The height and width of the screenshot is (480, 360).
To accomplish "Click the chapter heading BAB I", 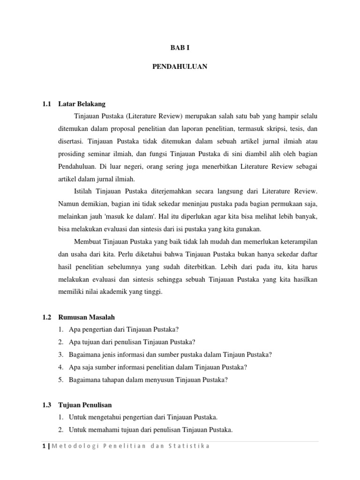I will pyautogui.click(x=180, y=48).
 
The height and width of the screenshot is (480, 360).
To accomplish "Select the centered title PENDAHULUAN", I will pyautogui.click(x=180, y=67).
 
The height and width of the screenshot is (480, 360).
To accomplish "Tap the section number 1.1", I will pyautogui.click(x=46, y=104).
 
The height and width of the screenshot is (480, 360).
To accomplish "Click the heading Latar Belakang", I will pyautogui.click(x=82, y=104).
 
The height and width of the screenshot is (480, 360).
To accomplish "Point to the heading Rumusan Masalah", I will pyautogui.click(x=85, y=317).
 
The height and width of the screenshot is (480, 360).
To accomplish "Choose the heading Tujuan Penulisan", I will pyautogui.click(x=85, y=405).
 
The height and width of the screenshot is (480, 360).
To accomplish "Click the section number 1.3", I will pyautogui.click(x=46, y=405).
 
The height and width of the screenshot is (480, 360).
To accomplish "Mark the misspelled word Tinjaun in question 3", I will pyautogui.click(x=220, y=355).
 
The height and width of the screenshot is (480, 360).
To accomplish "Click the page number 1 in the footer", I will pyautogui.click(x=44, y=446).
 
